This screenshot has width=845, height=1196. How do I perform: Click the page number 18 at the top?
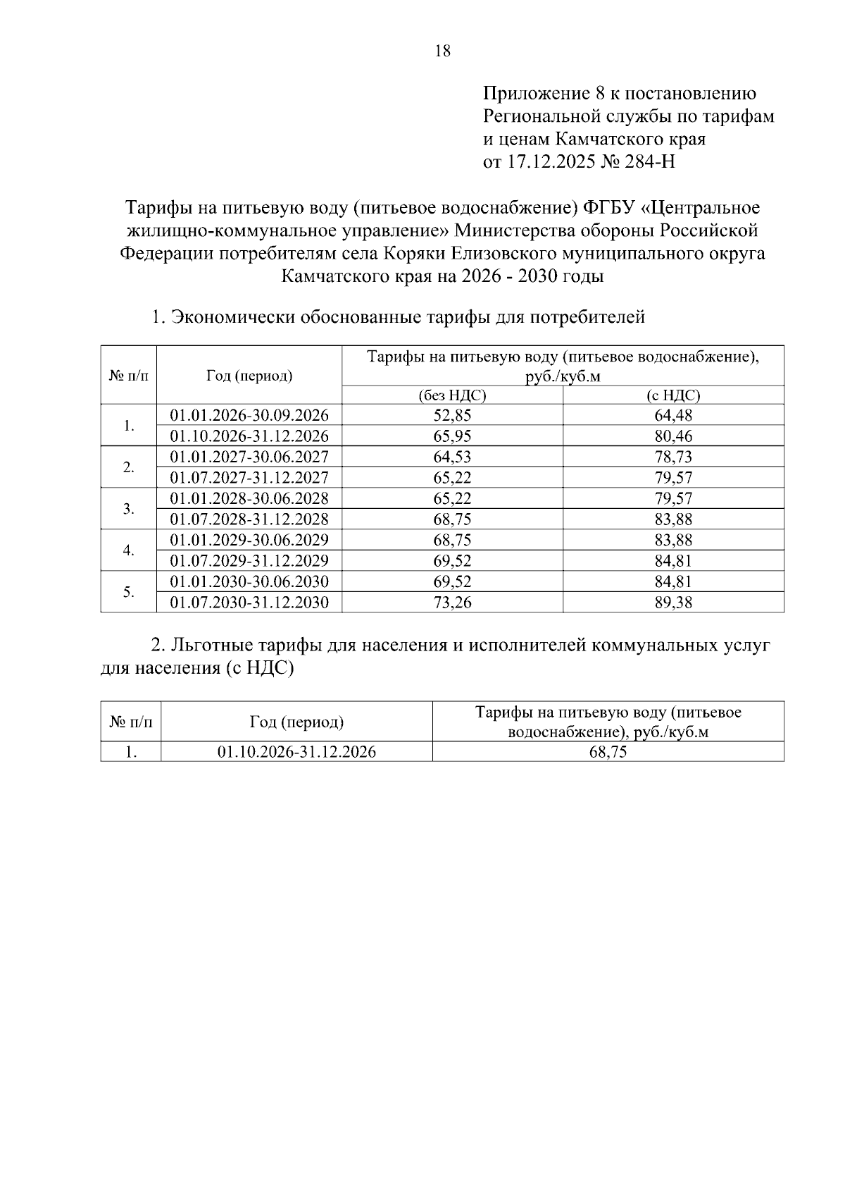pos(443,51)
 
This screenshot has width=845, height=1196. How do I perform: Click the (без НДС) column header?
pos(452,395)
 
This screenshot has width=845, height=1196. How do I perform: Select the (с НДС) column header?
pos(673,395)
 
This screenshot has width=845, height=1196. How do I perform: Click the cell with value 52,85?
pos(452,415)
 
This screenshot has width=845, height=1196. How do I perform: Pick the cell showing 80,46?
pos(673,436)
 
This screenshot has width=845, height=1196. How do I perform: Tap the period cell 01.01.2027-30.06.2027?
pos(249,457)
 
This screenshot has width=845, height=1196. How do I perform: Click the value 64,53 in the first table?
pos(452,457)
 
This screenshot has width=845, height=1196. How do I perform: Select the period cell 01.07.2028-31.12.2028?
pos(249,519)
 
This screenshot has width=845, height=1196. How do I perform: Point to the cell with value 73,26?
pos(452,603)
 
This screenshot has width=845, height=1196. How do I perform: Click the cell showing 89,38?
pos(673,603)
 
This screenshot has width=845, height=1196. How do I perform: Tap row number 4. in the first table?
pos(128,550)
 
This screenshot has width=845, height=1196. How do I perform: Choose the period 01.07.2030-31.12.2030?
pos(249,603)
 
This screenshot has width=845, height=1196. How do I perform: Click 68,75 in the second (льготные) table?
pos(608,752)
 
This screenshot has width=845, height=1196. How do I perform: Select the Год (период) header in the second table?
pos(296,722)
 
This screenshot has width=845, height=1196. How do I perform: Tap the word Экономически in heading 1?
pos(233,317)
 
